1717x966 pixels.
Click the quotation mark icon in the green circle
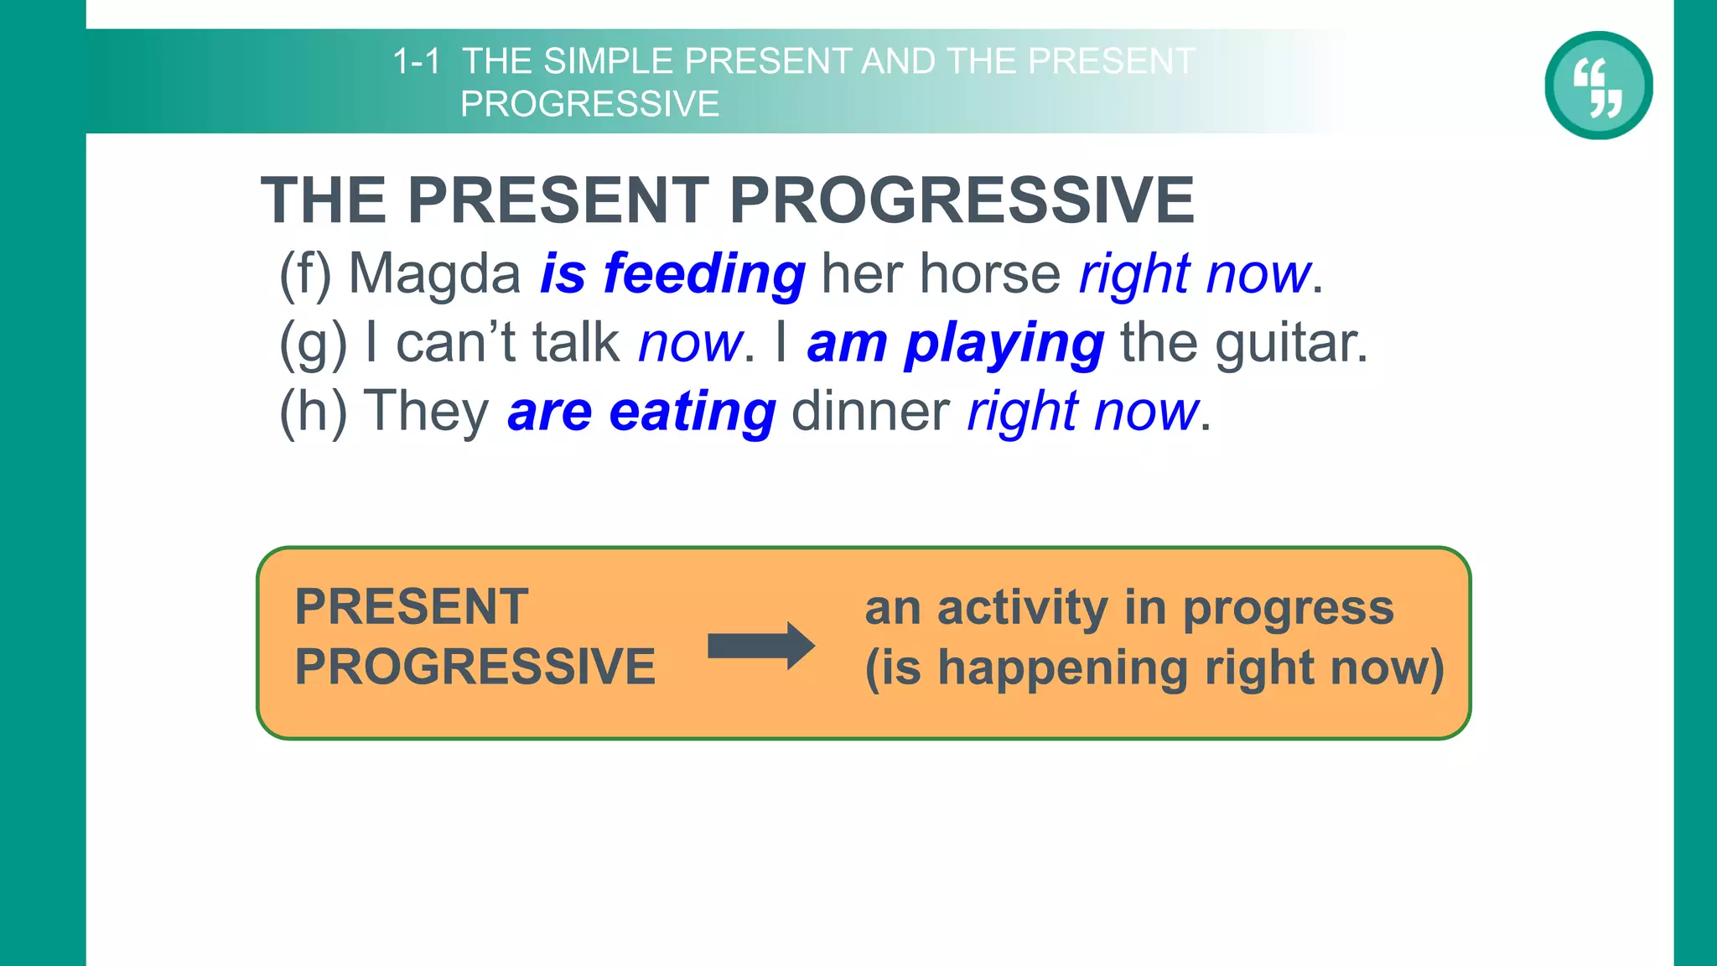[x=1598, y=86]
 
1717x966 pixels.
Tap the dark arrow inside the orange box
[x=760, y=646]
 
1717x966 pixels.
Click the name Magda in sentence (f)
[x=434, y=274]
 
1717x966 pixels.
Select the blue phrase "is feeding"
[x=672, y=274]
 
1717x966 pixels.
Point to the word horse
[x=990, y=274]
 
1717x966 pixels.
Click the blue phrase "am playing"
[x=955, y=344]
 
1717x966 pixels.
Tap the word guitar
[x=1290, y=344]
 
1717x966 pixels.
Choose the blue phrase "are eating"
[x=641, y=413]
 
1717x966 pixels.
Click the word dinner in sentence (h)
[x=870, y=413]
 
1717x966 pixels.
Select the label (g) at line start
[x=312, y=344]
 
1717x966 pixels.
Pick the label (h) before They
[x=312, y=413]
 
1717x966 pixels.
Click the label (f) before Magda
[x=305, y=274]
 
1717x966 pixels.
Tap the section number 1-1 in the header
[x=416, y=62]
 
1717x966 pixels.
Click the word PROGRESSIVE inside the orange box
[x=475, y=667]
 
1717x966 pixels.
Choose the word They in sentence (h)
[x=427, y=413]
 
